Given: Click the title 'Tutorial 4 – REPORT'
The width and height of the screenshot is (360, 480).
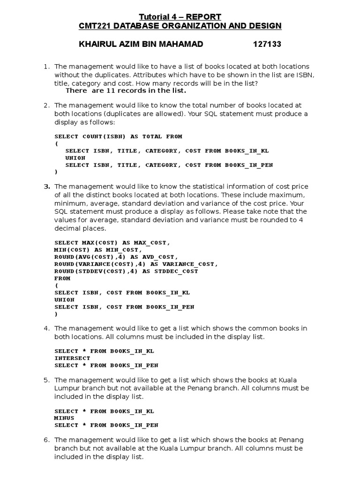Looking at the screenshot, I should click(x=180, y=17).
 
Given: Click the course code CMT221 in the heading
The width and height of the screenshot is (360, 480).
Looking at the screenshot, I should click(x=94, y=26).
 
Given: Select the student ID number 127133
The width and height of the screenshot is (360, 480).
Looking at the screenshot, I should click(x=267, y=45).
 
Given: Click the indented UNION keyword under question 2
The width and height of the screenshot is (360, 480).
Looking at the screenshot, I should click(x=75, y=158).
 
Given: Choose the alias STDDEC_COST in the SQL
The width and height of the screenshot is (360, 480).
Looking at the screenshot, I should click(x=176, y=271).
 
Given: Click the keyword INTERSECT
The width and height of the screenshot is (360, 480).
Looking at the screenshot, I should click(x=72, y=358).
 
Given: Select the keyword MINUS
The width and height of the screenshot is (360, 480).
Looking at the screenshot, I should click(x=64, y=418).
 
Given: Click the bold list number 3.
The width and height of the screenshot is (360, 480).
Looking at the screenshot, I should click(x=47, y=187).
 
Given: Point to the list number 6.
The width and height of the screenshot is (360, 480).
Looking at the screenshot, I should click(x=47, y=440).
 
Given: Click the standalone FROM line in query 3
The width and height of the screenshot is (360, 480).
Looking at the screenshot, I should click(x=62, y=278).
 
